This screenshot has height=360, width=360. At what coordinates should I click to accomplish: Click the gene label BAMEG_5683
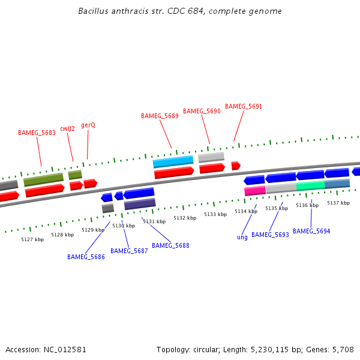tap(37, 133)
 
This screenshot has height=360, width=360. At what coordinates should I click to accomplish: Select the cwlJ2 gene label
tap(67, 128)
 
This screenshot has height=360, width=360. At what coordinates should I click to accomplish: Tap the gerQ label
tap(88, 125)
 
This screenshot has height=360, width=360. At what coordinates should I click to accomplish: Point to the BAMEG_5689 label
tap(160, 116)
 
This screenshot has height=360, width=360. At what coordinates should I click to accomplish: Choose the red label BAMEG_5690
tap(202, 111)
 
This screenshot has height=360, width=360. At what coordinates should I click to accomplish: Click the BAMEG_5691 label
tap(244, 106)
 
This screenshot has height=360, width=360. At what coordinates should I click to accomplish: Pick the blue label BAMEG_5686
tap(86, 257)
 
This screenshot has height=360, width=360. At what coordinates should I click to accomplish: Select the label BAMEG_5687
tap(129, 251)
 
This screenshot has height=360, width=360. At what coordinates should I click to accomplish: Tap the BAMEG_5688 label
tap(170, 245)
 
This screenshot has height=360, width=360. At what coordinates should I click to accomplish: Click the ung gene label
tap(242, 237)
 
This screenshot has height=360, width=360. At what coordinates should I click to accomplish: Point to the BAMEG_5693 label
tap(270, 235)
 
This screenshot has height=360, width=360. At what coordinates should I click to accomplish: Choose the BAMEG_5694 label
tap(311, 231)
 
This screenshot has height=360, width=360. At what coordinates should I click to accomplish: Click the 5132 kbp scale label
tap(185, 218)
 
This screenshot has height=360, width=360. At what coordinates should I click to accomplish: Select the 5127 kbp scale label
tap(32, 239)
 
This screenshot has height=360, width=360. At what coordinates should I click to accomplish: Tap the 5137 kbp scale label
tap(338, 203)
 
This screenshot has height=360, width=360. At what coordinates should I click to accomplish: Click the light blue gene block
tap(173, 161)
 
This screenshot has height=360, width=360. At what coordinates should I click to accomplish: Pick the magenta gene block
tap(255, 191)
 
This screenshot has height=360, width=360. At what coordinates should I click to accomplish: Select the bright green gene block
tap(310, 186)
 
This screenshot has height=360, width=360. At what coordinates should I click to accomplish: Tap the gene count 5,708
tap(343, 349)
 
